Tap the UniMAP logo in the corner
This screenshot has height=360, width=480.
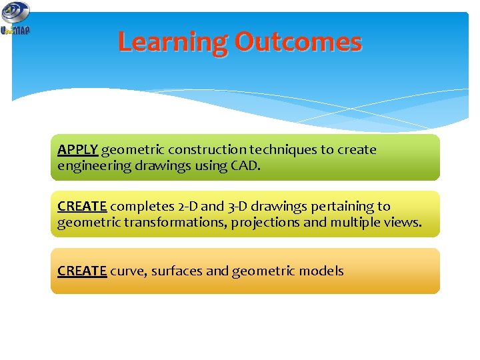[15, 18]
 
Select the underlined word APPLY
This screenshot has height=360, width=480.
[77, 150]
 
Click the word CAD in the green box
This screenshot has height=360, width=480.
[244, 165]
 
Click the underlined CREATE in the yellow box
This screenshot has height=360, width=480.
[82, 207]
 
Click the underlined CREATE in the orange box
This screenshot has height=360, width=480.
[82, 271]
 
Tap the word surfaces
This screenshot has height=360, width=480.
[177, 271]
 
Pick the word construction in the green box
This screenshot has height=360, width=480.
[207, 150]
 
